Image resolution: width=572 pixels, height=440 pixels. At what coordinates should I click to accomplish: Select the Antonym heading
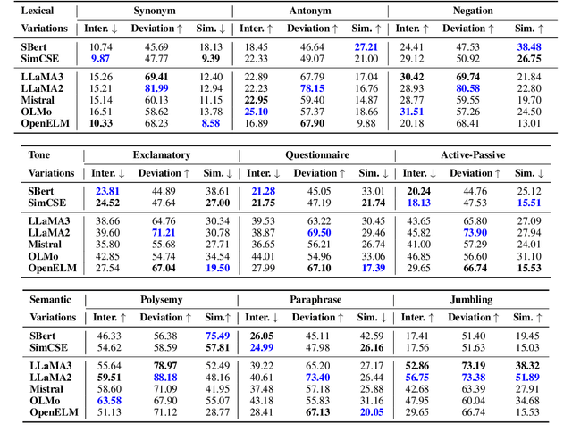tap(310, 11)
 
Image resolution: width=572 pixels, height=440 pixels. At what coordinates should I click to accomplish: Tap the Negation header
tap(473, 11)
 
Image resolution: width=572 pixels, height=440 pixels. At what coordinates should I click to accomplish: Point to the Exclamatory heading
tap(161, 155)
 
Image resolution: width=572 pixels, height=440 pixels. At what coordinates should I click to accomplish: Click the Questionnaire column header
tap(317, 155)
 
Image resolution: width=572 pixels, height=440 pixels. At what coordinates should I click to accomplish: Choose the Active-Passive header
tap(474, 155)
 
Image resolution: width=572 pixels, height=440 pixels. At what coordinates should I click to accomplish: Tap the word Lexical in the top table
tap(39, 11)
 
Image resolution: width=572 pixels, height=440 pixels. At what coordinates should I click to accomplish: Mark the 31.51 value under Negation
tap(411, 112)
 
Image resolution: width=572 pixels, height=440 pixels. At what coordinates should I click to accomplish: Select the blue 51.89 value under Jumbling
tap(526, 378)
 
